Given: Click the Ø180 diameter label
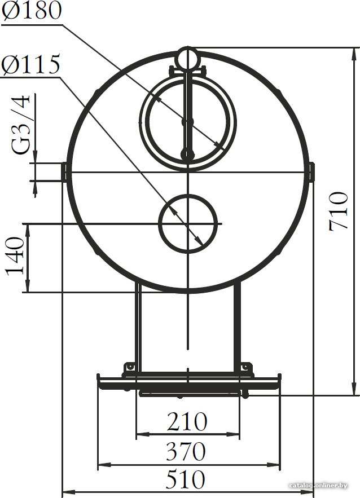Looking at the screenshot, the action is click(31, 10).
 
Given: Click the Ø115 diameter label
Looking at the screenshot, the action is click(30, 64).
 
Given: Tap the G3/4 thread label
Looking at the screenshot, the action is click(21, 125).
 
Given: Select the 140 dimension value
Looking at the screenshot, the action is click(15, 255).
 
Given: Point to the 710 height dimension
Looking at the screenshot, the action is click(339, 211).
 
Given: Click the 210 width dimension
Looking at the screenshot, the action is click(187, 421).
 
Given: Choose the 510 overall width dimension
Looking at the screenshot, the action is click(185, 479).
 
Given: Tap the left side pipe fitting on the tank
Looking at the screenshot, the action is click(64, 172).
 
